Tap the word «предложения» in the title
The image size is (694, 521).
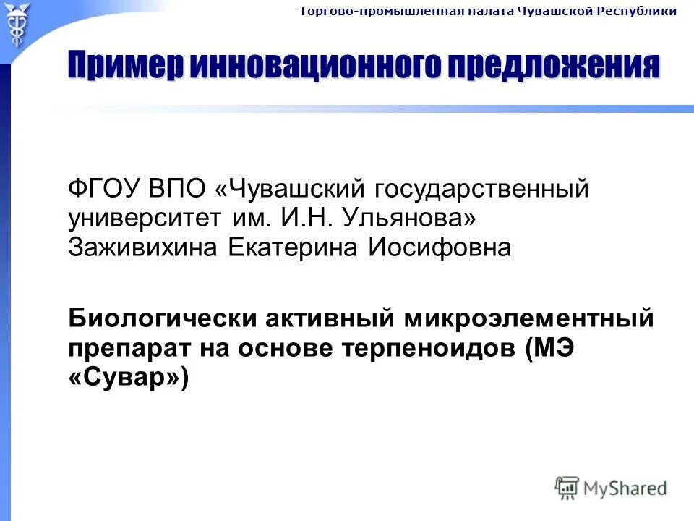[x=554, y=67]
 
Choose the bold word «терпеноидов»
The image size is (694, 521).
[x=429, y=348]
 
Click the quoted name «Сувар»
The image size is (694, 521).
[x=128, y=377]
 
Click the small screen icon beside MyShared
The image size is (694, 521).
[x=567, y=488]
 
